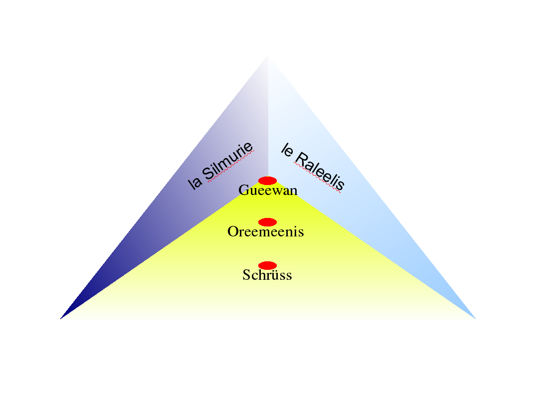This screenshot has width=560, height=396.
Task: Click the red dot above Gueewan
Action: coord(267,181)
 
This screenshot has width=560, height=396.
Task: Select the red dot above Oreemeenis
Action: coord(267,222)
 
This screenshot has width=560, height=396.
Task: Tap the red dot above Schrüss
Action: coord(267,266)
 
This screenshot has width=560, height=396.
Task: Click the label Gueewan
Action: coord(268,190)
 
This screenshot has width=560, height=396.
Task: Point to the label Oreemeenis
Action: coord(266,232)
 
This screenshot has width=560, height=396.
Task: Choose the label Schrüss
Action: coord(267,275)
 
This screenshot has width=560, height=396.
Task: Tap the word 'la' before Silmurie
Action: coord(194,183)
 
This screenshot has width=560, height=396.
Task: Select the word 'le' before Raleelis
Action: coord(287,150)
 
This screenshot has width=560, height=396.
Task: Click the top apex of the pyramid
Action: coord(268,55)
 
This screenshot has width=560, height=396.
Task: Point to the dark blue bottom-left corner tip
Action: coord(60,319)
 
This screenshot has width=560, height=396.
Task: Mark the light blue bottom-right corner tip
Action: coord(476,319)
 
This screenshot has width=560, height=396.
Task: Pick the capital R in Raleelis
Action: coord(302,159)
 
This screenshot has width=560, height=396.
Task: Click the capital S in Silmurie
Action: coord(209,174)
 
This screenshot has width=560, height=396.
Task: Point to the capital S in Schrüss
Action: coord(246,275)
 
